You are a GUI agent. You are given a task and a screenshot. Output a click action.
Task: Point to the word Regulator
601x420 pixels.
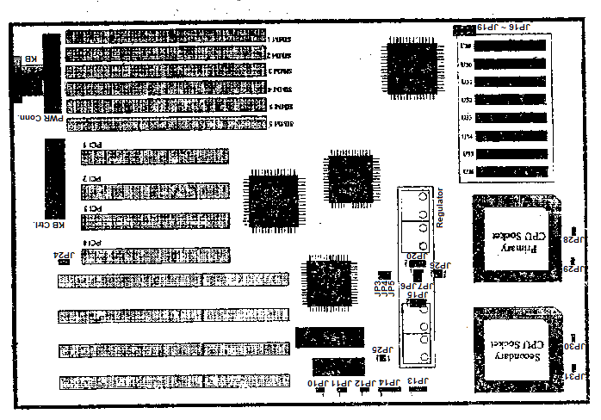(x=440, y=207)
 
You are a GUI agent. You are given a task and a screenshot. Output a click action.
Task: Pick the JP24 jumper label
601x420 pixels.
(x=61, y=255)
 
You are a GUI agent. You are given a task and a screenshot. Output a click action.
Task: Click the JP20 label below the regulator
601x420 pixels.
(x=415, y=256)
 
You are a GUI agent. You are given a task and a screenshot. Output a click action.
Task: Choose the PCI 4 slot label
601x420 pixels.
(x=92, y=243)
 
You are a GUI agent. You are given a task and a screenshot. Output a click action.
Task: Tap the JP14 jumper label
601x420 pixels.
(x=388, y=381)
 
